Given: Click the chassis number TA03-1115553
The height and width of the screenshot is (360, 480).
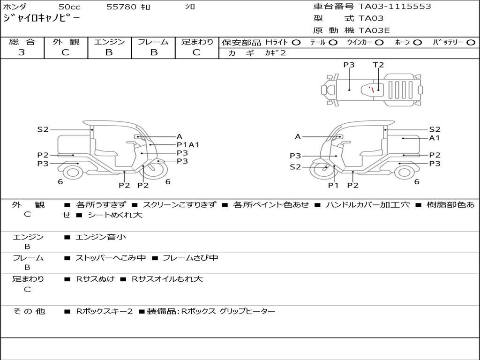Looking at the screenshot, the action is click(x=395, y=7).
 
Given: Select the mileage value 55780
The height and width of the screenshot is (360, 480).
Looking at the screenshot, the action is click(x=121, y=7).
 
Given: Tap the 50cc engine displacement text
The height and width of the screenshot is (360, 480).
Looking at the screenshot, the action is click(x=69, y=7).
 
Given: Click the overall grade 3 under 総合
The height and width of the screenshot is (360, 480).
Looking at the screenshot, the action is click(x=22, y=52).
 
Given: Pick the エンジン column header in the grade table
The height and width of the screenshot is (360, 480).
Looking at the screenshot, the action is click(x=109, y=42).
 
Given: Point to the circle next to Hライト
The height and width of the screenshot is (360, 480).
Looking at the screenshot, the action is click(x=296, y=43).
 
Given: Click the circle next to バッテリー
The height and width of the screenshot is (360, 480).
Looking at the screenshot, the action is click(x=471, y=43).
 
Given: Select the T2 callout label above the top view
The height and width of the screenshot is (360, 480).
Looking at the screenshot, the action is click(x=378, y=65).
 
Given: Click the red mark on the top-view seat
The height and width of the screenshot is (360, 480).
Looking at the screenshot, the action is click(x=371, y=90).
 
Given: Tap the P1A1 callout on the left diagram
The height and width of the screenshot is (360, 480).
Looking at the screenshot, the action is click(x=188, y=145).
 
